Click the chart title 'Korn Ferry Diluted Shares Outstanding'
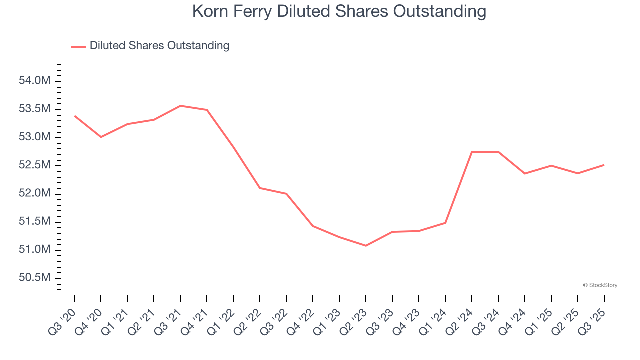click(339, 11)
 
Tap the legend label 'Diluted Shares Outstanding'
click(159, 46)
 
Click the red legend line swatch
click(78, 46)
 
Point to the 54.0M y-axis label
click(35, 81)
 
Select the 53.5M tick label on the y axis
click(35, 109)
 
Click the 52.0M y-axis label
click(35, 193)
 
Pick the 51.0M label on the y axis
click(35, 249)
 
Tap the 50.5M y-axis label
click(35, 277)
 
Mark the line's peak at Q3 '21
click(180, 106)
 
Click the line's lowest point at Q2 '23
click(366, 246)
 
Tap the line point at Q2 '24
click(472, 152)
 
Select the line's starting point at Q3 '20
click(75, 116)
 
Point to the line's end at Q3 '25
click(604, 165)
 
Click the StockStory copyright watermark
click(600, 285)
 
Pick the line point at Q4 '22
click(313, 226)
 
